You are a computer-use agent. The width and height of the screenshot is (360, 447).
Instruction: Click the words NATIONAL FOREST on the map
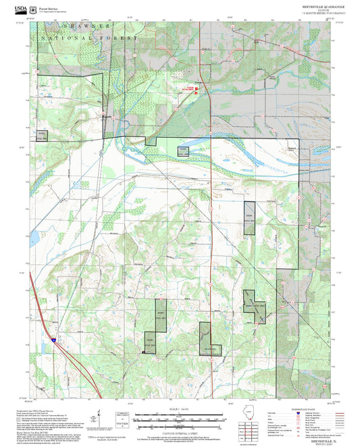(x=88, y=38)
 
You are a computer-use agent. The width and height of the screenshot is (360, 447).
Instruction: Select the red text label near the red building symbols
(x=191, y=88)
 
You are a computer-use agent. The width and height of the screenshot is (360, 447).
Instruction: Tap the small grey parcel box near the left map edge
(x=42, y=135)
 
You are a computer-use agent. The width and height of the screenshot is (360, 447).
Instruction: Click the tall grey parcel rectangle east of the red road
(x=250, y=218)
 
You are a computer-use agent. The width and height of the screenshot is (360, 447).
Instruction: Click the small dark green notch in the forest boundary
(x=151, y=141)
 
